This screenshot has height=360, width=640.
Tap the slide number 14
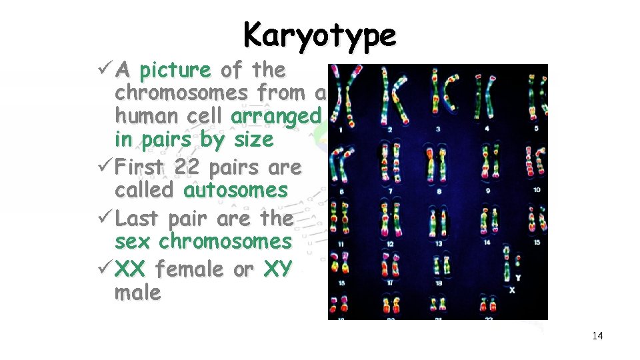point(597,336)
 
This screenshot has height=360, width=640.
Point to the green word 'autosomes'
point(235,190)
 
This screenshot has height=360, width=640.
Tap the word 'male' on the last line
point(138,293)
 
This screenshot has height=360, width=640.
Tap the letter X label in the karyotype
point(511,290)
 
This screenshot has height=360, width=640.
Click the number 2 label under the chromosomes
point(389,128)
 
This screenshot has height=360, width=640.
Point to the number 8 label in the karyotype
point(439,191)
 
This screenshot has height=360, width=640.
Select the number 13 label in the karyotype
point(438,243)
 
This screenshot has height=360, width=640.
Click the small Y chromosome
point(519,265)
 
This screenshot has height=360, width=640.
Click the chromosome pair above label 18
point(438,267)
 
